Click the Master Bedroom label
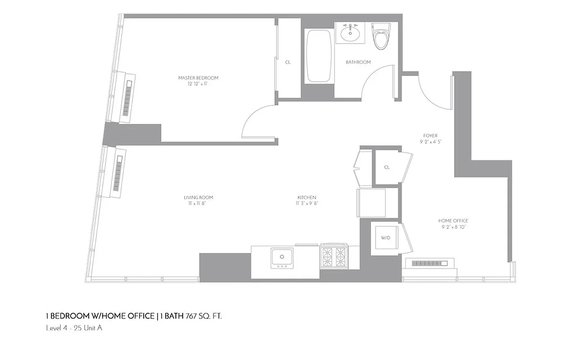[198, 78]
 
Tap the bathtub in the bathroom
[319, 56]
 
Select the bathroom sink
[349, 32]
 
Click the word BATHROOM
[358, 62]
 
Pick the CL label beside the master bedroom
[288, 62]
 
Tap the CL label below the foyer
[387, 167]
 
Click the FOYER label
[430, 135]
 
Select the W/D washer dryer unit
[385, 238]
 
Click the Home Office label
[453, 220]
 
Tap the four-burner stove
[334, 257]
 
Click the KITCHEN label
[306, 198]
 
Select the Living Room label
[198, 198]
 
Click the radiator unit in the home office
[430, 263]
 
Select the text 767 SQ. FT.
[204, 316]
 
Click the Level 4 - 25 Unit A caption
[74, 328]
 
